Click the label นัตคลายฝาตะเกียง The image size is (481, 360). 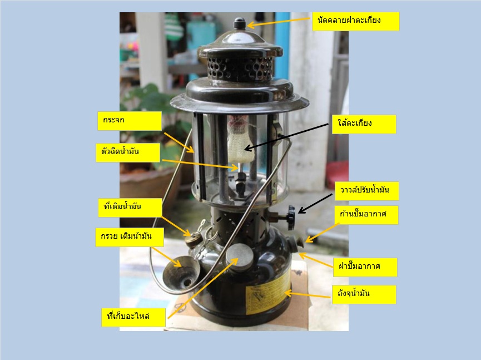point(355,21)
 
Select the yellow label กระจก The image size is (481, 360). point(130,121)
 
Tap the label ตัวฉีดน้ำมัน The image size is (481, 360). point(128,152)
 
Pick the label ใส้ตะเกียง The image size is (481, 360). point(364,124)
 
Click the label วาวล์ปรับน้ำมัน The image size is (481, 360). point(366,191)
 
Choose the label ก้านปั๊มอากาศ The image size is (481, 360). point(366,215)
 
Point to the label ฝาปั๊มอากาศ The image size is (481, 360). point(365,267)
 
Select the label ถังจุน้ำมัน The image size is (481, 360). point(364,295)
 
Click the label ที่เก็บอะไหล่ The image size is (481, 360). point(133,317)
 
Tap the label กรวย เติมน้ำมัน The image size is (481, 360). point(130,237)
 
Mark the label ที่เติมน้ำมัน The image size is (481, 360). point(130,208)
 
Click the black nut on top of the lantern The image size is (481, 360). point(240,23)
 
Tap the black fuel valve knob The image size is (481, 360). point(291,218)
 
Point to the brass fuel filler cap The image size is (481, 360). point(193,239)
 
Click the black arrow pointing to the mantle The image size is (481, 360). point(286,137)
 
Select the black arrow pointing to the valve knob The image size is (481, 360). point(315,204)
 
